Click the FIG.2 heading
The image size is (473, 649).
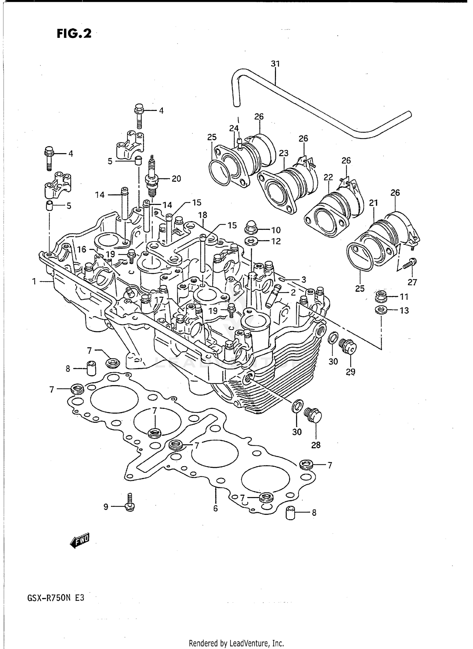pyautogui.click(x=74, y=33)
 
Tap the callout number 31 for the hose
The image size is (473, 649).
pyautogui.click(x=275, y=64)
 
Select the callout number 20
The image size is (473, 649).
pyautogui.click(x=176, y=179)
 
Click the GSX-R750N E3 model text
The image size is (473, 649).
pyautogui.click(x=56, y=598)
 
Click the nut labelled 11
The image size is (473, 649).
pyautogui.click(x=381, y=297)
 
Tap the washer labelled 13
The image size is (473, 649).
pyautogui.click(x=381, y=310)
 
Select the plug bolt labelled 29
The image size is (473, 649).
pyautogui.click(x=348, y=347)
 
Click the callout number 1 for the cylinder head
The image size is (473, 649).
pyautogui.click(x=34, y=281)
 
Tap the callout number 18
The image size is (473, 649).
pyautogui.click(x=202, y=215)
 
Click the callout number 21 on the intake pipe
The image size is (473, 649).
pyautogui.click(x=373, y=203)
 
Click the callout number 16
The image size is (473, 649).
pyautogui.click(x=82, y=249)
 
